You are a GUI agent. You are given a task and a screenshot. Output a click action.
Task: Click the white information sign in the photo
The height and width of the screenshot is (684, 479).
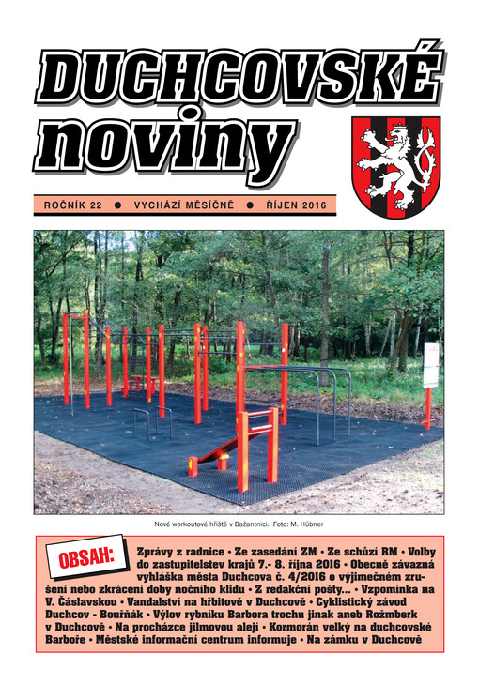coord(430,365)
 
